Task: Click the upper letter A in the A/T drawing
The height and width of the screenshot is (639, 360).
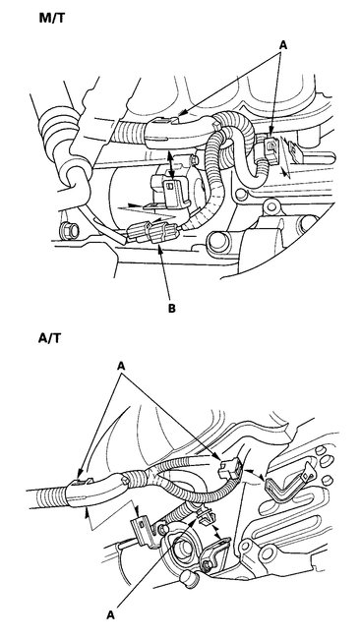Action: pyautogui.click(x=124, y=363)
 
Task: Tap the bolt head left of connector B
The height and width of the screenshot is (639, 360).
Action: pyautogui.click(x=67, y=231)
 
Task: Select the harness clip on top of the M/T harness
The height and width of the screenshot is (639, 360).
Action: pyautogui.click(x=168, y=125)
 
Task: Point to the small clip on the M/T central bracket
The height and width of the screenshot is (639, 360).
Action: pyautogui.click(x=173, y=183)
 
